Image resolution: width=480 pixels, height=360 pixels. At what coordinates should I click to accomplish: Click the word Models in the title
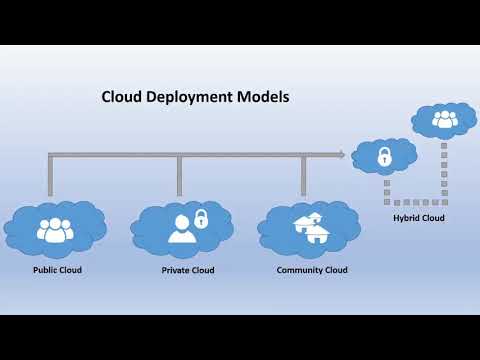[x=263, y=98]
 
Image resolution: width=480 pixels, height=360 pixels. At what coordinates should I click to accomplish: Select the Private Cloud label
[x=188, y=270]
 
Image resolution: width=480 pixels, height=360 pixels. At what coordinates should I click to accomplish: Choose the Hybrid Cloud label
[x=419, y=217]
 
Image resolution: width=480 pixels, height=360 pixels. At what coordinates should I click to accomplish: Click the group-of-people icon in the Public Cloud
[x=54, y=229]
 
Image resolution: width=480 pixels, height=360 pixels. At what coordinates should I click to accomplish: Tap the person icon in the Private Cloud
[x=181, y=229]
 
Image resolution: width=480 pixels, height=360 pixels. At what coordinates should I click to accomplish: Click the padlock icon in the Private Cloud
[x=201, y=218]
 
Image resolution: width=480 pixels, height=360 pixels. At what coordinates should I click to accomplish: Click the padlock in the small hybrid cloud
[x=383, y=156]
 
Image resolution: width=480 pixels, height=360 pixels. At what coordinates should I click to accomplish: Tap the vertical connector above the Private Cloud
[x=179, y=176]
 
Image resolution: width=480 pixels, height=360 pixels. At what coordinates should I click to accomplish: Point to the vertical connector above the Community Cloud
[x=303, y=176]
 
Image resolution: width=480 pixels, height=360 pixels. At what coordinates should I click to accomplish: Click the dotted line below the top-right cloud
[x=444, y=165]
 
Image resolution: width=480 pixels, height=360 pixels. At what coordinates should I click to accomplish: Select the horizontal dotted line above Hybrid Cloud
[x=415, y=202]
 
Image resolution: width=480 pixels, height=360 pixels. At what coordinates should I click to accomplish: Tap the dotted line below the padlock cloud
[x=385, y=188]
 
